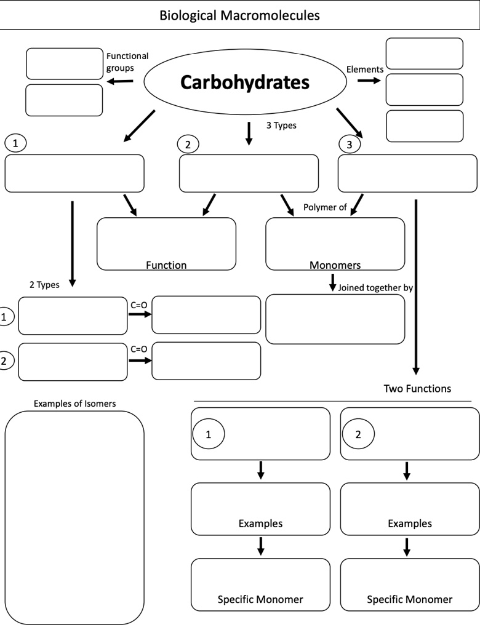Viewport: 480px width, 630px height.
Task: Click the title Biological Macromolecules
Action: pos(239,15)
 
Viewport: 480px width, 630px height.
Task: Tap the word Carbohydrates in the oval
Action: pos(244,82)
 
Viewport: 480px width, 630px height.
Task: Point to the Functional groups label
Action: pos(127,62)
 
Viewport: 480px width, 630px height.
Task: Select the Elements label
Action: pos(364,70)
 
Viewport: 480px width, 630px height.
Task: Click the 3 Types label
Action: pos(281,126)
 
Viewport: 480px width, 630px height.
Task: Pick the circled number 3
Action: pos(349,145)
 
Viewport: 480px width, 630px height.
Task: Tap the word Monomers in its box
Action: pos(335,265)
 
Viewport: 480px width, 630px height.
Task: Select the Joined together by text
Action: pos(375,287)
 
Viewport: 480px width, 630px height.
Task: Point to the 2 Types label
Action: pos(44,285)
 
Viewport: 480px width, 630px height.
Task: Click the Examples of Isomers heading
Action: pos(74,404)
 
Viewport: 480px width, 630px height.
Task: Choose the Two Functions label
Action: pos(417,388)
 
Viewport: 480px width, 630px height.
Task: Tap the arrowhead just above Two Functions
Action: pos(416,370)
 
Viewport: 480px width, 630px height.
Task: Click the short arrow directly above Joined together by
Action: pos(333,283)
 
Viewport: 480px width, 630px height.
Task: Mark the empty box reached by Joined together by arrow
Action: pos(335,319)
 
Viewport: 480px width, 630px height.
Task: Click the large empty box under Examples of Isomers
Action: pos(74,517)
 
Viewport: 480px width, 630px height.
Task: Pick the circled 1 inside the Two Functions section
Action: pos(208,434)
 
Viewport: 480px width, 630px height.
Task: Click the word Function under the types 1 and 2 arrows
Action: pos(166,265)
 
